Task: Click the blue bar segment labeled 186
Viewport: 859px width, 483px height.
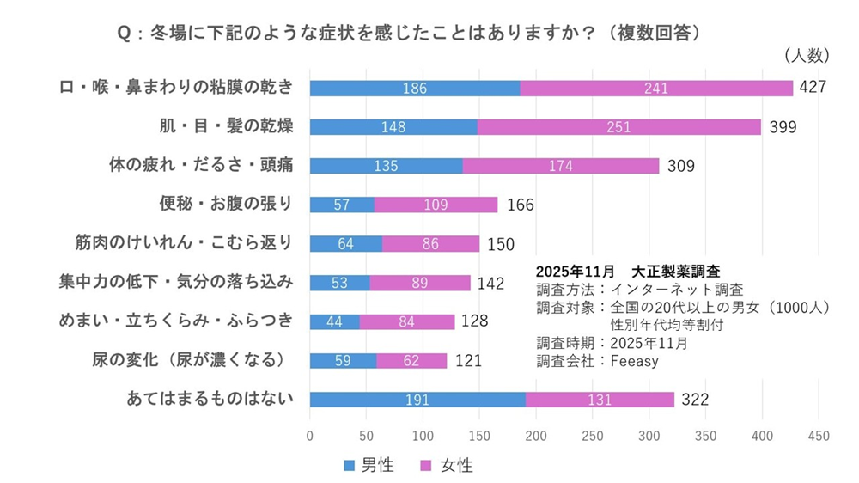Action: point(414,88)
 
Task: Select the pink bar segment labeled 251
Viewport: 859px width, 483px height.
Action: point(618,127)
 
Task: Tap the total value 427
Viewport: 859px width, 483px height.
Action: point(813,88)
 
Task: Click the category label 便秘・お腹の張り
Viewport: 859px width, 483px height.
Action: point(226,204)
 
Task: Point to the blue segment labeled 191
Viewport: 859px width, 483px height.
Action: point(417,400)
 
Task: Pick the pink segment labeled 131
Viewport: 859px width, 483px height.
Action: point(600,400)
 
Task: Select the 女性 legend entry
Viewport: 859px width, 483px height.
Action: point(448,465)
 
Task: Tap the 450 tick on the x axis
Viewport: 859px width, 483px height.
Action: point(819,436)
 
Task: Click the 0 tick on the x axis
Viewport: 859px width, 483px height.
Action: point(310,436)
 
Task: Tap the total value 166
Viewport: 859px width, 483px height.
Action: point(521,205)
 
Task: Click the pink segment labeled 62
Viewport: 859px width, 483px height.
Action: point(411,361)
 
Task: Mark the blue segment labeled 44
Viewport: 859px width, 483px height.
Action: point(334,321)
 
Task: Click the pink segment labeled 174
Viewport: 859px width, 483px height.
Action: point(561,166)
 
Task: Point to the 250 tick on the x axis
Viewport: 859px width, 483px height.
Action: point(593,436)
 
